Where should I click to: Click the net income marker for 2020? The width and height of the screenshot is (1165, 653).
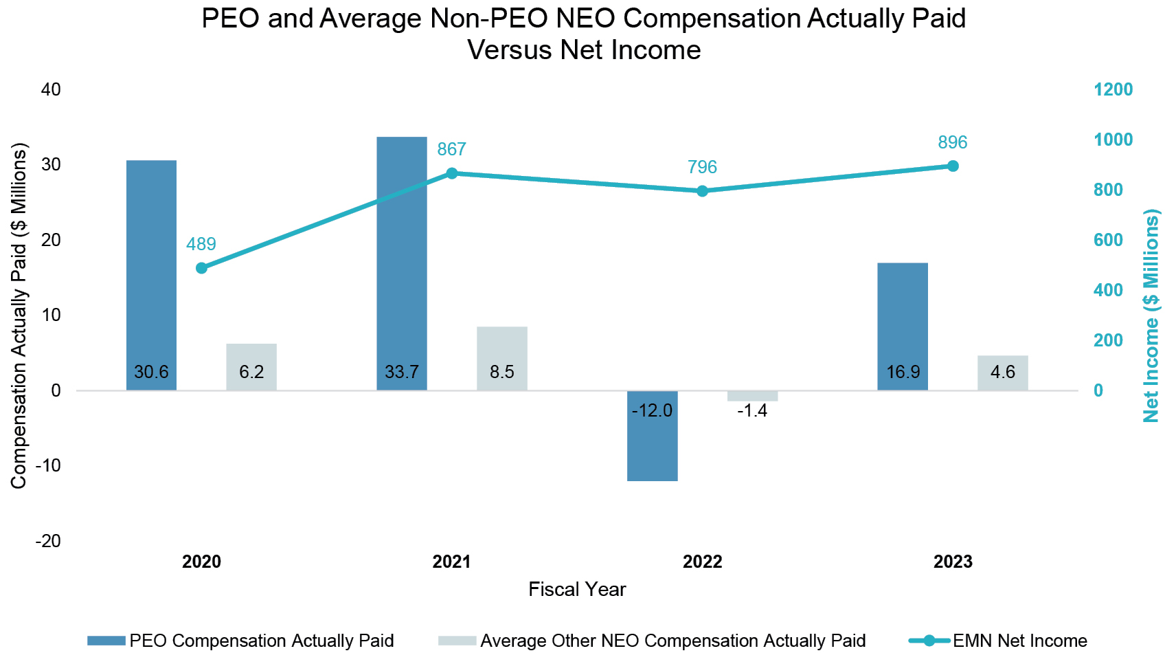201,268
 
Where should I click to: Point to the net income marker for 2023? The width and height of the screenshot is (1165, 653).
953,166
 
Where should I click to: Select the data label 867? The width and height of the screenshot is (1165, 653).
451,149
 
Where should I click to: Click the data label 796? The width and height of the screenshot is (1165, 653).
702,167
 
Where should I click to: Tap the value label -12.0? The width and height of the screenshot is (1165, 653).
652,410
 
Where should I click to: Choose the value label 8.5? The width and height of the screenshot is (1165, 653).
502,372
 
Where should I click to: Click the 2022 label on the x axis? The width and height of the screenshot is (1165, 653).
702,562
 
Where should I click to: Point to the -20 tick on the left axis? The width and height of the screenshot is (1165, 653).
48,541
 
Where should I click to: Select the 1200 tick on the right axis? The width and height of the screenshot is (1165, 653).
1113,89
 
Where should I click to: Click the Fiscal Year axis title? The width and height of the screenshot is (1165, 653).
577,589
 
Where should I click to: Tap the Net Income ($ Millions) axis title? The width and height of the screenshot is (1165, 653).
1151,316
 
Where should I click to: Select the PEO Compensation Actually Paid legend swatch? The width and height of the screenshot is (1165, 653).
106,641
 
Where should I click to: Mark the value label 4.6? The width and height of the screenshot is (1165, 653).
1003,372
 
